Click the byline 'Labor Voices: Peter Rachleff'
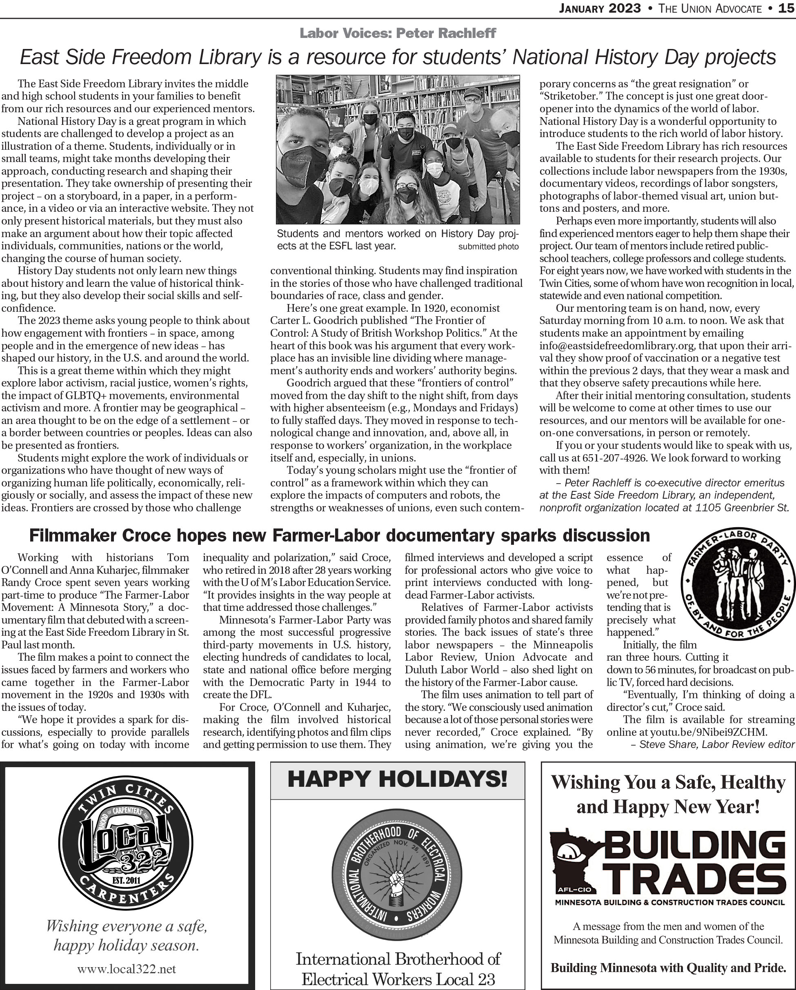[x=398, y=33]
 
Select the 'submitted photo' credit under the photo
[x=488, y=246]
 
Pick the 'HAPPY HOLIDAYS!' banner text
[x=397, y=779]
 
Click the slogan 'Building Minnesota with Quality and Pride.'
[x=668, y=968]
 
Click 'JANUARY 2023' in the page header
[x=599, y=8]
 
